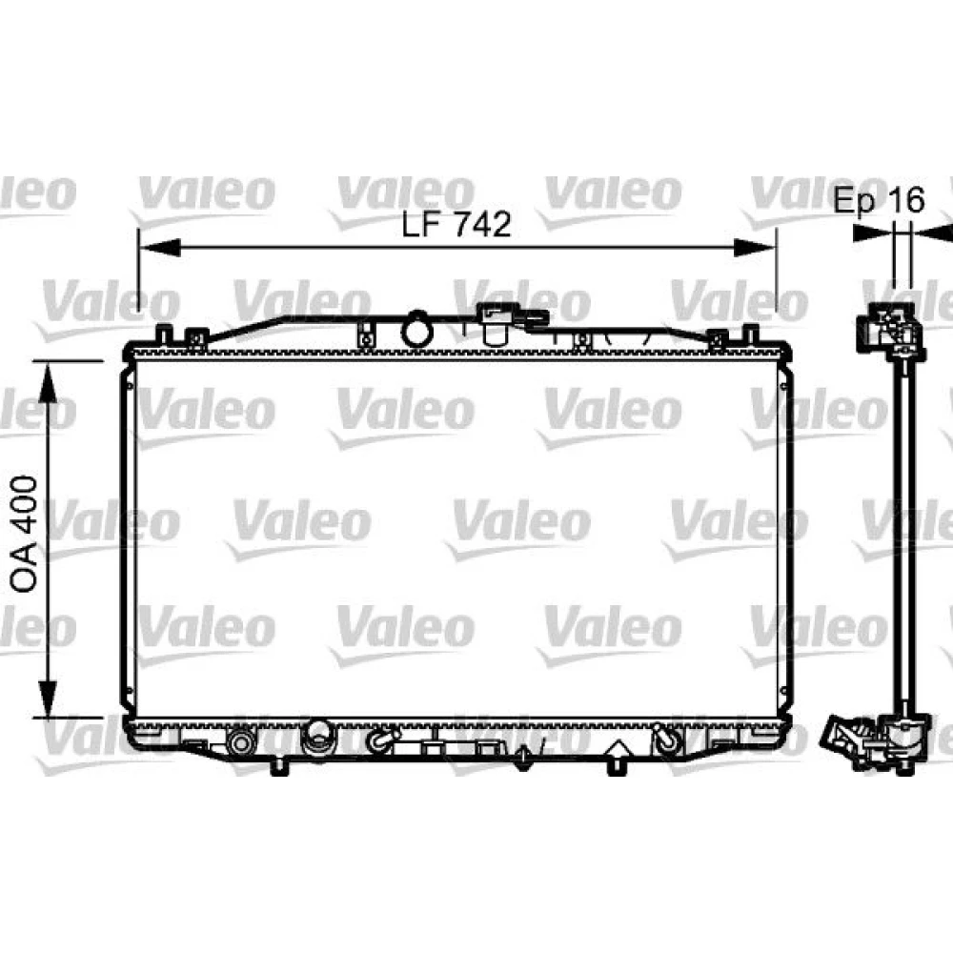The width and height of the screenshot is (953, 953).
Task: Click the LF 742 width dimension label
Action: (x=456, y=224)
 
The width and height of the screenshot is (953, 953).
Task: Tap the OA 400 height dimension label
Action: (x=25, y=535)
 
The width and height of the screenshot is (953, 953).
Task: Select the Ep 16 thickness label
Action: (x=879, y=200)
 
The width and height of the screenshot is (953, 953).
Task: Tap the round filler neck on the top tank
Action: (x=417, y=329)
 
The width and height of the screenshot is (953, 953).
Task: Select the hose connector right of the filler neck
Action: (x=514, y=322)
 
